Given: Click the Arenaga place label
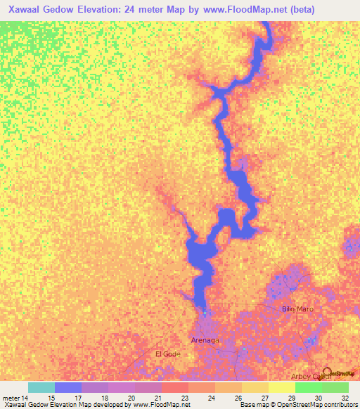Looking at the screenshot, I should (205, 340).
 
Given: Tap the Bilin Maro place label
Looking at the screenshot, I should (297, 309).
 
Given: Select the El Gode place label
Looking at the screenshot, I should (167, 353).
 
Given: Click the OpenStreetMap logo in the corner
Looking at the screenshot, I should (338, 373).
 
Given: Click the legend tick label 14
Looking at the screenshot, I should (25, 398).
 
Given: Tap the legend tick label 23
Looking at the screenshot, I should (185, 398).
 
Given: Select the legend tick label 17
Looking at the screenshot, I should (77, 398).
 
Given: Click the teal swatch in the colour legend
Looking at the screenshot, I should (41, 387).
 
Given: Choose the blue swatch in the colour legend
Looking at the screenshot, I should (68, 387).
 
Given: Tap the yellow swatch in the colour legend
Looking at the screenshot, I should (282, 387).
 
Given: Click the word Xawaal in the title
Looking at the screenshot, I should (28, 10).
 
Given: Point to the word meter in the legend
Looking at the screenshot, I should (11, 398).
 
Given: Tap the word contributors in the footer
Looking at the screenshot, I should (340, 405).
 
